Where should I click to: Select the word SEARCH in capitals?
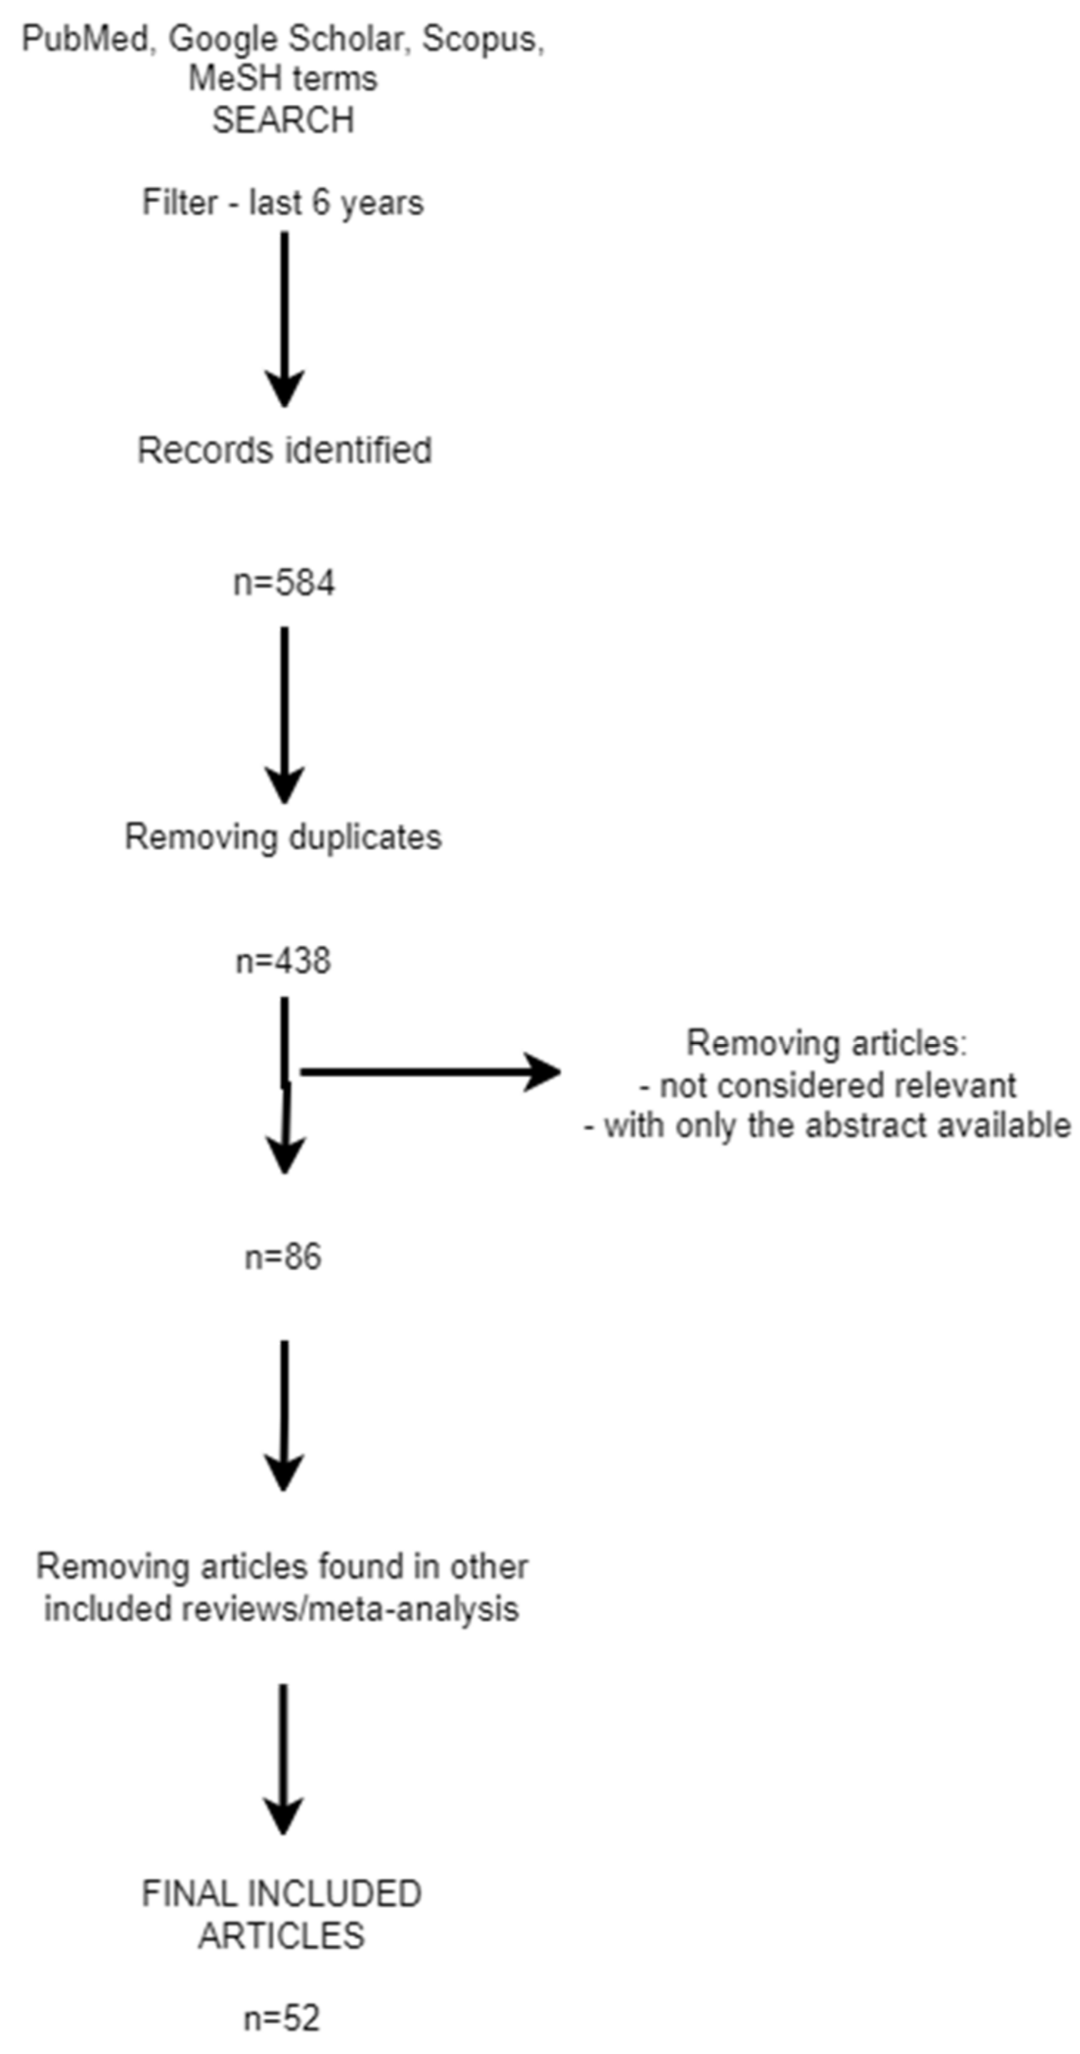[x=283, y=120]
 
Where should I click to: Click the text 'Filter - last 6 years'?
[x=283, y=202]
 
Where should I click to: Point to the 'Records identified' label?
[x=284, y=450]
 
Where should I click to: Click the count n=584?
[x=284, y=583]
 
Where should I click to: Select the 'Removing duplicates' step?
[x=283, y=837]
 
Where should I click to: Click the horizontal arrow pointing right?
[x=431, y=1071]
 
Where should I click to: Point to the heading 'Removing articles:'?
[x=826, y=1043]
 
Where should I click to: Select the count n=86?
[x=283, y=1257]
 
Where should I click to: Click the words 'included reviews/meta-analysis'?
[x=281, y=1608]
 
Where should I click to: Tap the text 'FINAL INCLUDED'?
[x=281, y=1894]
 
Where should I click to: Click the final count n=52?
[x=281, y=2018]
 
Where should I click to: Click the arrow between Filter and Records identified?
[x=284, y=319]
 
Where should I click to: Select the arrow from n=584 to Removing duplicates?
[x=284, y=714]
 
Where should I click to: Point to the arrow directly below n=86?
[x=284, y=1414]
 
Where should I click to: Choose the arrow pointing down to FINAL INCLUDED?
[x=283, y=1758]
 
